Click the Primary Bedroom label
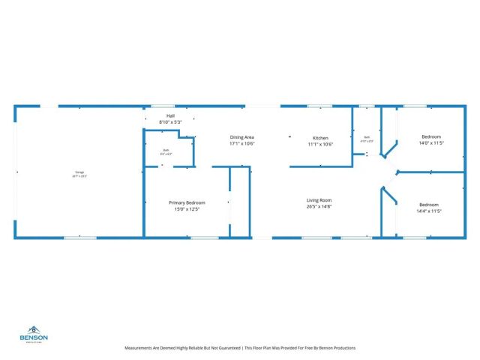pos(187,202)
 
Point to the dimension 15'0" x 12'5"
pos(187,208)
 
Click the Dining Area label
pos(242,137)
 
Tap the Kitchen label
pos(320,138)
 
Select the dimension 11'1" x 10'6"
pos(320,144)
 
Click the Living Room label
pos(319,200)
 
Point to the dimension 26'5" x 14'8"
pos(319,206)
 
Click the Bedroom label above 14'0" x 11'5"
pos(430,136)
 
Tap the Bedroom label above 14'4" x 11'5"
pos(428,205)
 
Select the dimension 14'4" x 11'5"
pos(428,211)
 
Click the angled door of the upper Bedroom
pos(390,145)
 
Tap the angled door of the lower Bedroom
pos(389,195)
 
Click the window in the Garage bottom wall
pos(79,238)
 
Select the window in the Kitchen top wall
pos(319,106)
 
